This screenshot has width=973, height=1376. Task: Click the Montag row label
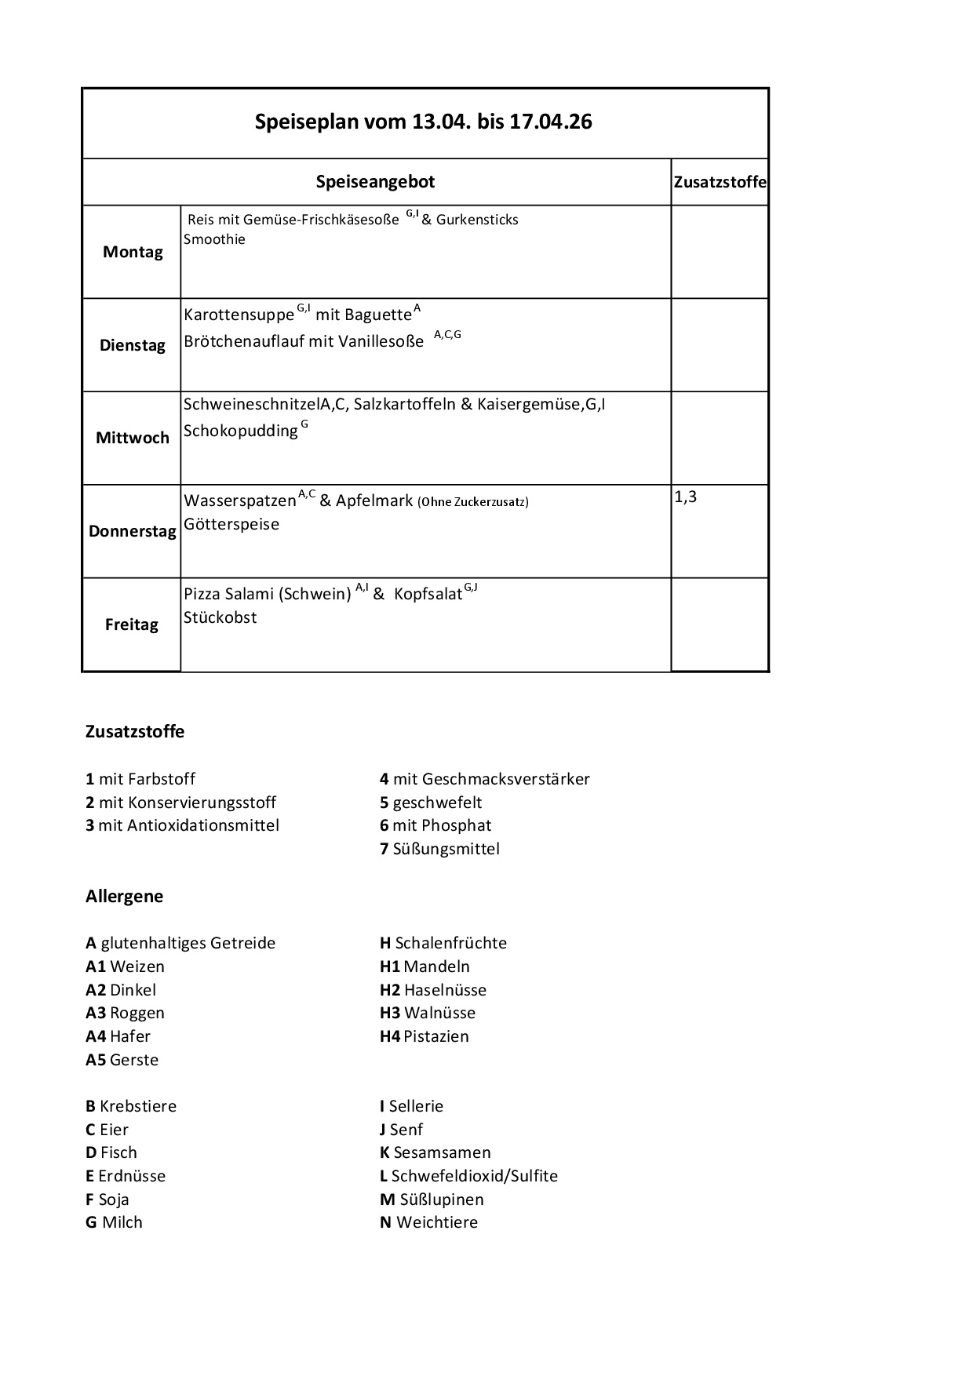point(133,252)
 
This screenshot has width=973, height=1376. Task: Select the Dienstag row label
point(133,345)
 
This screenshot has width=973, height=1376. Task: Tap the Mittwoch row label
point(133,438)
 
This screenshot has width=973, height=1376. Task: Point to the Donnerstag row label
point(133,531)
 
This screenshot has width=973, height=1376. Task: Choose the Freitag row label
point(132,624)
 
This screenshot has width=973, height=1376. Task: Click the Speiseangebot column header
point(375,182)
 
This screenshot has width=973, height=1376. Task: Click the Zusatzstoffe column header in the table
point(720,182)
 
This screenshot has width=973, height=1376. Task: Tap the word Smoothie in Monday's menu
point(214,239)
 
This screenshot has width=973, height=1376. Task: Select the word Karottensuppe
point(239,315)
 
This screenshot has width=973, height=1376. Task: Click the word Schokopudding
point(240,431)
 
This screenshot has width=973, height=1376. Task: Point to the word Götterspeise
point(231,524)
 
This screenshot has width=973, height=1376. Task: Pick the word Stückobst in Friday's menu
point(220,617)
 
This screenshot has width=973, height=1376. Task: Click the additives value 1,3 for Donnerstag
point(685,497)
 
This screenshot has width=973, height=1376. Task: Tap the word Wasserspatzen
point(240,501)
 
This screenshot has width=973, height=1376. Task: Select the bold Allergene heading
point(124,896)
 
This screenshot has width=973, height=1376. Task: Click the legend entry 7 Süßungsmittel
point(439,849)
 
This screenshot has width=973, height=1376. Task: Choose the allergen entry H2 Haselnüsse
point(433,990)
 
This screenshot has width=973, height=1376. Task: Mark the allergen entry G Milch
point(114,1222)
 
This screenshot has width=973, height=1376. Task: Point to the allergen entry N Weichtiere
point(428,1222)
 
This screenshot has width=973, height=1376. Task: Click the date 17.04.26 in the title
point(550,122)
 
